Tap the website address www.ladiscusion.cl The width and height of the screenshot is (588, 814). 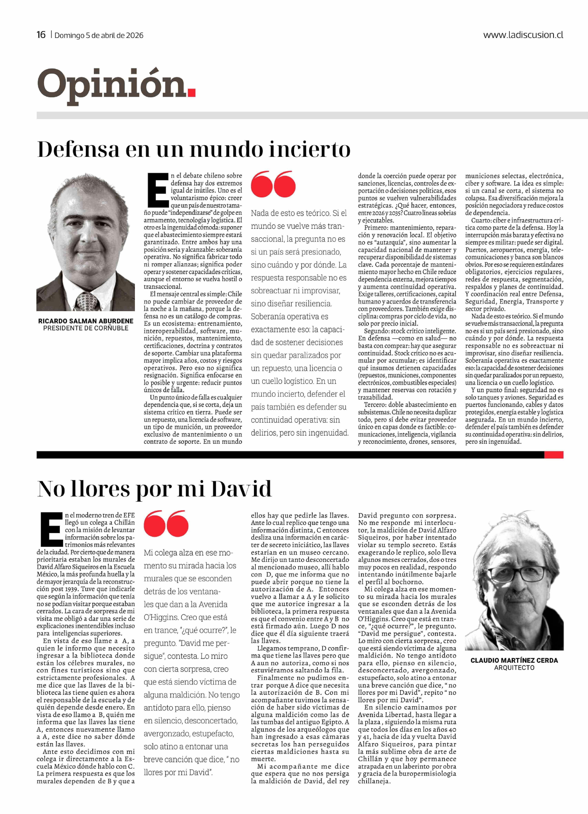click(x=523, y=35)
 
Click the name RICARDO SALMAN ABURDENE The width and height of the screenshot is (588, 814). click(x=86, y=321)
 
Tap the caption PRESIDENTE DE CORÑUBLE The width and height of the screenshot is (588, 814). click(x=86, y=328)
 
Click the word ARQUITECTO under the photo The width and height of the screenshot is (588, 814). click(x=514, y=668)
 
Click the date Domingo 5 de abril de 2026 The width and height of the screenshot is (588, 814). click(x=99, y=35)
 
